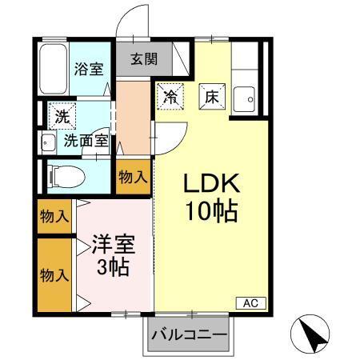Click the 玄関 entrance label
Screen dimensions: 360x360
tap(145, 58)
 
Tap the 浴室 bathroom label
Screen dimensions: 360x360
tap(88, 68)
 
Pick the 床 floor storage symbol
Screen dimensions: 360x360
tap(211, 96)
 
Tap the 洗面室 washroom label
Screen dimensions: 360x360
tap(86, 140)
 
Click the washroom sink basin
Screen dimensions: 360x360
tap(46, 145)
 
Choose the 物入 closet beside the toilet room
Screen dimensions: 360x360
tap(132, 177)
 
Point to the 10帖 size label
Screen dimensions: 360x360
tap(212, 213)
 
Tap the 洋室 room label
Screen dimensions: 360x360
tap(112, 241)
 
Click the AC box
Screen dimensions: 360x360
tap(249, 302)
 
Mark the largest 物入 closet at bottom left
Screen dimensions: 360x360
tap(54, 275)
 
